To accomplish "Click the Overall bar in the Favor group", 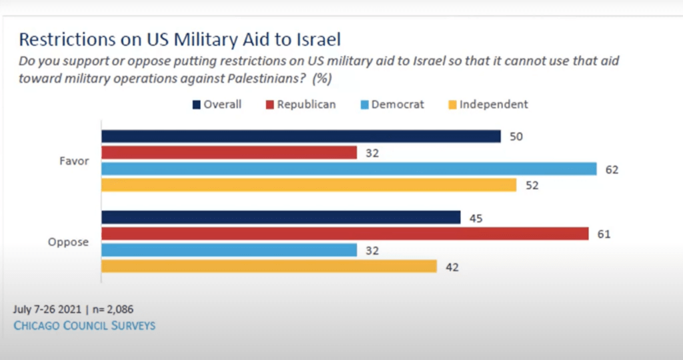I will pyautogui.click(x=301, y=137).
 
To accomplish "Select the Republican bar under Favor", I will pyautogui.click(x=229, y=153).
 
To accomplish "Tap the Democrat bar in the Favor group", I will pyautogui.click(x=349, y=169).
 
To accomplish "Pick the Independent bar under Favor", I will pyautogui.click(x=309, y=185).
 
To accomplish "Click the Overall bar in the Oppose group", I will pyautogui.click(x=281, y=217).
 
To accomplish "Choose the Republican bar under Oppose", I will pyautogui.click(x=345, y=233).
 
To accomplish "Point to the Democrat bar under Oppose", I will pyautogui.click(x=229, y=250).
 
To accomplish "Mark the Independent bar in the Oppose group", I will pyautogui.click(x=269, y=267).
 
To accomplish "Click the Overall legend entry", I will pyautogui.click(x=217, y=105).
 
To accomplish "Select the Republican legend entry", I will pyautogui.click(x=300, y=105).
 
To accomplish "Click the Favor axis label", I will pyautogui.click(x=75, y=161).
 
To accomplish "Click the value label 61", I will pyautogui.click(x=605, y=234).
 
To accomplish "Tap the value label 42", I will pyautogui.click(x=453, y=267).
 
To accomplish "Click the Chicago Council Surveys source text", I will pyautogui.click(x=84, y=325).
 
